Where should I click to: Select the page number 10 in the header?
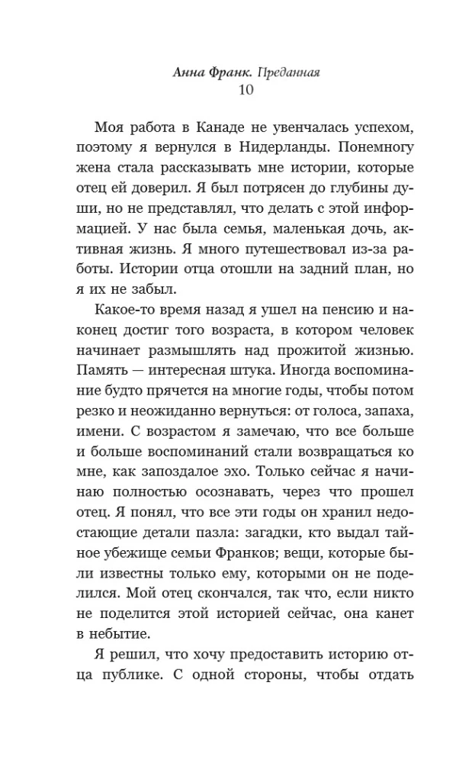tap(236, 90)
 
